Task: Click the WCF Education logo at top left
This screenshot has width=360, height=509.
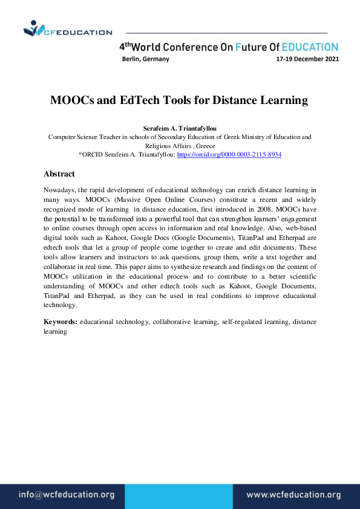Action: (67, 29)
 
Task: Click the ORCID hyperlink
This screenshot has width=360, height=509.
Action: (229, 155)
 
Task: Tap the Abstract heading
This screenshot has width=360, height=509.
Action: (59, 174)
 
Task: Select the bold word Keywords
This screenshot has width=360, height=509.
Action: (61, 322)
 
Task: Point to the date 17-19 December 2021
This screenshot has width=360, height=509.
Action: (307, 59)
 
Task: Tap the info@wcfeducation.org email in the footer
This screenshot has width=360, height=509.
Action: (67, 494)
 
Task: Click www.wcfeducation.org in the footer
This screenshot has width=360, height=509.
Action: (293, 494)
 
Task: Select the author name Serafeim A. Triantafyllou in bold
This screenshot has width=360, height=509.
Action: (180, 128)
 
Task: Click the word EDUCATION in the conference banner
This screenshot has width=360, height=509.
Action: (310, 47)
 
